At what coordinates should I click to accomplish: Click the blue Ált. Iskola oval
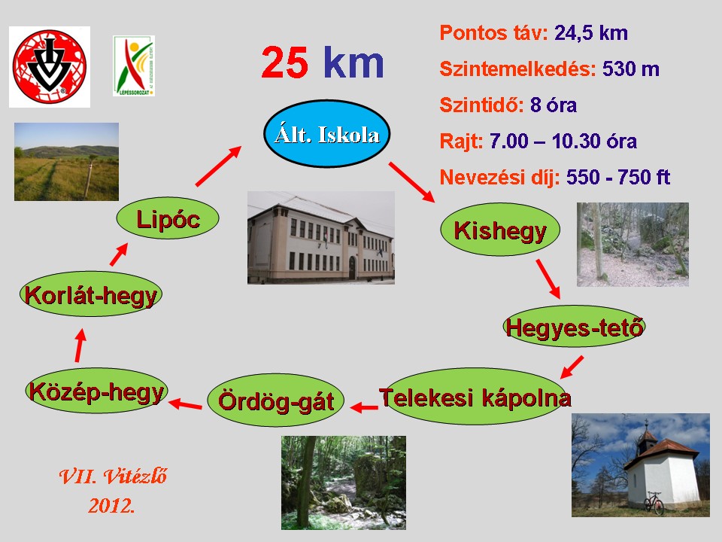click(x=327, y=134)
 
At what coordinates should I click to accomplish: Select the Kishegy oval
click(x=500, y=230)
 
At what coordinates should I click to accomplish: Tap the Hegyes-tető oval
click(x=573, y=326)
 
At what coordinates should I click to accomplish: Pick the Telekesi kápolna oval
click(x=475, y=397)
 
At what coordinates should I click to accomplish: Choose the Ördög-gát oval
click(x=276, y=400)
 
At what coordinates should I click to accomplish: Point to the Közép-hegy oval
click(x=96, y=391)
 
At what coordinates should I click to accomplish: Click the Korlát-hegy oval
click(x=91, y=294)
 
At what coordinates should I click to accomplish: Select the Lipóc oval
click(x=168, y=218)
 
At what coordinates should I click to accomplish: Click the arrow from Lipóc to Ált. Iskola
click(x=218, y=166)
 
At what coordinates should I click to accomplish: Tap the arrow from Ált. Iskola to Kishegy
click(x=411, y=182)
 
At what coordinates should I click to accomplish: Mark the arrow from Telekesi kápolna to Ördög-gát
click(x=364, y=407)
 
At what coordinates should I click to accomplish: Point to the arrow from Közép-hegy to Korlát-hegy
click(x=80, y=346)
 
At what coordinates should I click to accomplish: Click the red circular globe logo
click(x=50, y=67)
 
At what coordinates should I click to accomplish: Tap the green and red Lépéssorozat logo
click(x=134, y=66)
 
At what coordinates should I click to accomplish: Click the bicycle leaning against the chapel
click(x=654, y=503)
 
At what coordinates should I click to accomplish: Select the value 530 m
click(x=631, y=69)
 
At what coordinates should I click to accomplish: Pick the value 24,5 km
click(x=591, y=33)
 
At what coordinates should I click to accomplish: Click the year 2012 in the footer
click(x=111, y=506)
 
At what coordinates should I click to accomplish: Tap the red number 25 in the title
click(x=284, y=62)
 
